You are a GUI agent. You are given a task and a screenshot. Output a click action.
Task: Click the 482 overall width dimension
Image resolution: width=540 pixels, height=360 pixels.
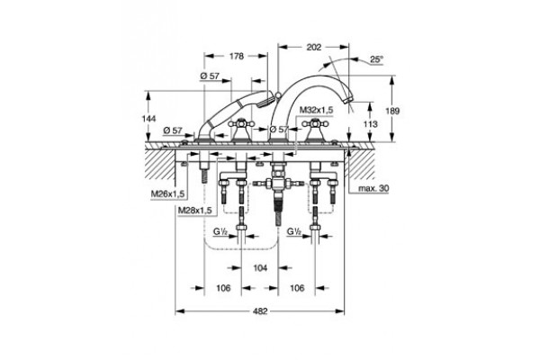[x=260, y=311]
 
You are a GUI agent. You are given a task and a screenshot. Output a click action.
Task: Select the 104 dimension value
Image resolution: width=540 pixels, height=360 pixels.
[x=260, y=267]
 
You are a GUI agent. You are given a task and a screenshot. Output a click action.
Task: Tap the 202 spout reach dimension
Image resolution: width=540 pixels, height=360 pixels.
[x=314, y=47]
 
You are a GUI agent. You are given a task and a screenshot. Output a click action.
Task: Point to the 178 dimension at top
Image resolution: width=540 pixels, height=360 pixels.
[x=236, y=56]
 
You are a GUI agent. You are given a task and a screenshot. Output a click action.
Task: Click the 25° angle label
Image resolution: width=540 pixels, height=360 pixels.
[x=377, y=58]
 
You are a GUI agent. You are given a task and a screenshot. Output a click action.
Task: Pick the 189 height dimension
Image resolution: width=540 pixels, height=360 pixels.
[x=392, y=111]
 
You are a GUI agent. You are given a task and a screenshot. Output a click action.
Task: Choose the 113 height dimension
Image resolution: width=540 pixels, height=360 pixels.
[x=370, y=123]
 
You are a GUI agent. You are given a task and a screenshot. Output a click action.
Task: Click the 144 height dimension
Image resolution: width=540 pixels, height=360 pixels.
[x=148, y=119]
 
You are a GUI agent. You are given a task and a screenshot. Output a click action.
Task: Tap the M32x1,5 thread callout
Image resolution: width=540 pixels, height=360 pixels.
[x=316, y=110]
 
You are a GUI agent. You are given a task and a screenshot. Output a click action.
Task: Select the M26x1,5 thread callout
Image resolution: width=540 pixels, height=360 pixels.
[x=167, y=194]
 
